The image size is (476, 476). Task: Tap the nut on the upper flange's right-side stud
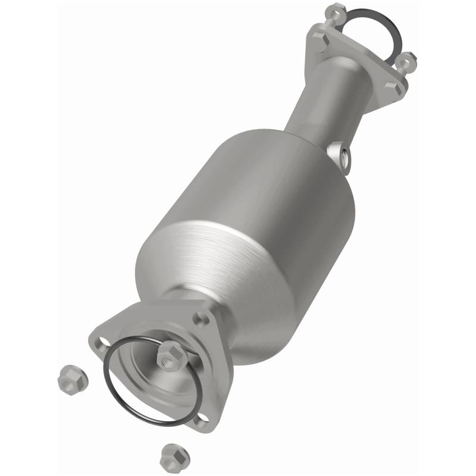click(x=407, y=59)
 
